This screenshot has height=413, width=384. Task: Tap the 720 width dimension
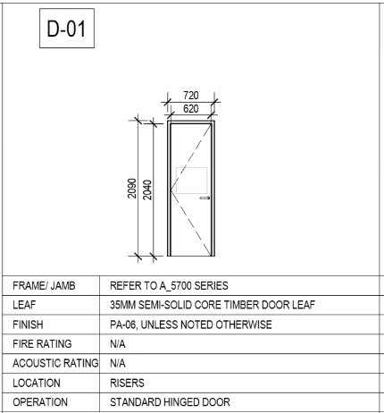[191, 96]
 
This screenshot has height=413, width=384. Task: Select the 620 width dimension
[191, 108]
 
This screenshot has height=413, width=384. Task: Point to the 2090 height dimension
[132, 189]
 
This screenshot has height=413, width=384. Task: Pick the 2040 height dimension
[147, 190]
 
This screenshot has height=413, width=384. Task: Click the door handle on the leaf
[205, 198]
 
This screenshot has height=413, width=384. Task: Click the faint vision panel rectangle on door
[191, 181]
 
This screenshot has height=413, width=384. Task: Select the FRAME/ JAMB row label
[44, 286]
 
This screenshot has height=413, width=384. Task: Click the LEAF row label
[24, 305]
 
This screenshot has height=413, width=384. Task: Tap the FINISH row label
[28, 324]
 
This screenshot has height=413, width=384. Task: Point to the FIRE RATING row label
[42, 344]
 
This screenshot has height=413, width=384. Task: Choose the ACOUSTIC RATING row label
[55, 363]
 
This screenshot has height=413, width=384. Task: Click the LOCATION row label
[37, 383]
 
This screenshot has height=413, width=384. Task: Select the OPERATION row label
[40, 402]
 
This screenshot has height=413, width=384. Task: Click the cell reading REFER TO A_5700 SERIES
[169, 286]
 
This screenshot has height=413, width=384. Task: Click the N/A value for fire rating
[118, 344]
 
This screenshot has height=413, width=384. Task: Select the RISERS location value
[127, 383]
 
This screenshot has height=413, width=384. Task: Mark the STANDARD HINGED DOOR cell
[170, 402]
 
